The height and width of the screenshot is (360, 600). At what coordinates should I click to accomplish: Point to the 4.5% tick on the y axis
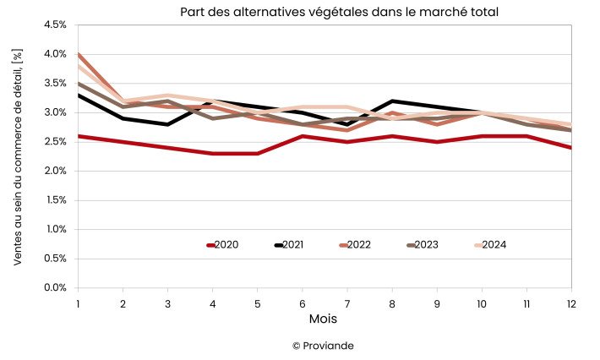pos(55,25)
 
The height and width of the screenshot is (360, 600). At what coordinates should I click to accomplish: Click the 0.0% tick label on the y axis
pos(55,288)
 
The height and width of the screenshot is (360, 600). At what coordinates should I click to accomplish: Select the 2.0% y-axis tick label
pos(55,172)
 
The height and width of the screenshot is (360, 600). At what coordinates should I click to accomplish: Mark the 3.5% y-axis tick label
pos(55,84)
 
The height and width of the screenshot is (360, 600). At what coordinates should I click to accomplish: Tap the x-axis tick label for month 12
pos(571,303)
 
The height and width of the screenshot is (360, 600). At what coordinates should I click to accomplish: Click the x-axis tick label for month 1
pos(78,303)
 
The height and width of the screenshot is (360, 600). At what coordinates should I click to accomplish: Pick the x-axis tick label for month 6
pos(303,303)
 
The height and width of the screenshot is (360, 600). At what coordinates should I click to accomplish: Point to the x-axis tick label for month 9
pos(437,303)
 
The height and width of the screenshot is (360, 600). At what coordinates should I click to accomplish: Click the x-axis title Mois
pos(323,320)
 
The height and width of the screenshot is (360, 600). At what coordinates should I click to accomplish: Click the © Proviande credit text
pos(324,346)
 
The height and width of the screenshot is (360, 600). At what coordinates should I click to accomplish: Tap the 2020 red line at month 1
pos(79,136)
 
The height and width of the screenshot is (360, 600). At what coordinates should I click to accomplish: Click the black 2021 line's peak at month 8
pos(392,101)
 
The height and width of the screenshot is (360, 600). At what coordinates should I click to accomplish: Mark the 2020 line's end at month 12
pos(570,147)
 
